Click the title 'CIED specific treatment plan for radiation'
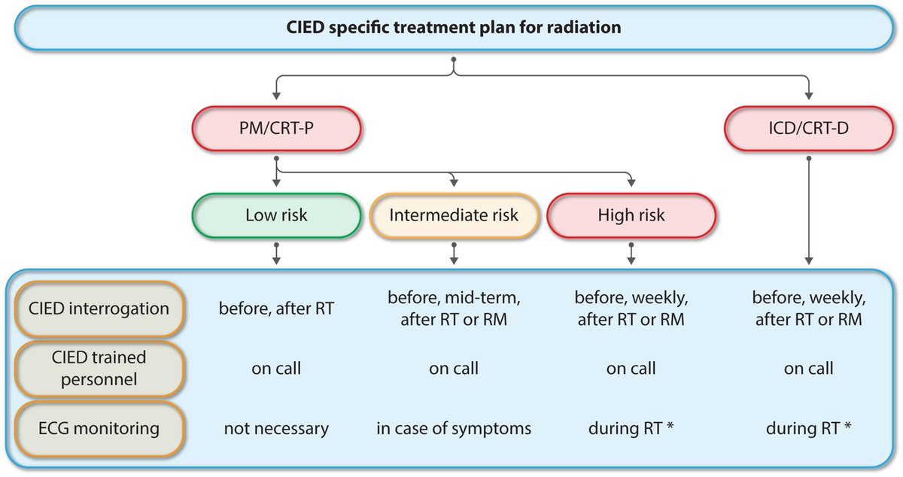pyautogui.click(x=454, y=29)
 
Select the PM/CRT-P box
pyautogui.click(x=277, y=127)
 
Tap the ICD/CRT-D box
pyautogui.click(x=808, y=127)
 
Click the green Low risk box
pyautogui.click(x=277, y=215)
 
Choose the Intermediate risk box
pyautogui.click(x=454, y=215)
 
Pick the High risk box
pyautogui.click(x=631, y=215)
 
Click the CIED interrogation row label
pyautogui.click(x=100, y=308)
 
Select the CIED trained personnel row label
pyautogui.click(x=100, y=368)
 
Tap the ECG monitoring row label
pyautogui.click(x=100, y=429)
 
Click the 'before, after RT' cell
pyautogui.click(x=277, y=308)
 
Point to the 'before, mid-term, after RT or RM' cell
pyautogui.click(x=454, y=308)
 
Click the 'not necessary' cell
pyautogui.click(x=277, y=429)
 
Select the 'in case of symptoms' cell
pyautogui.click(x=454, y=429)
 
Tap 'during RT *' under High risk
pyautogui.click(x=631, y=429)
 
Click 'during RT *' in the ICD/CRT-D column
pyautogui.click(x=808, y=429)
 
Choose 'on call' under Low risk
pyautogui.click(x=277, y=369)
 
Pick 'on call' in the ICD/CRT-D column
pyautogui.click(x=808, y=369)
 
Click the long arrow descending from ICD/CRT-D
pyautogui.click(x=808, y=211)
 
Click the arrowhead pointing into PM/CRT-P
pyautogui.click(x=277, y=96)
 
